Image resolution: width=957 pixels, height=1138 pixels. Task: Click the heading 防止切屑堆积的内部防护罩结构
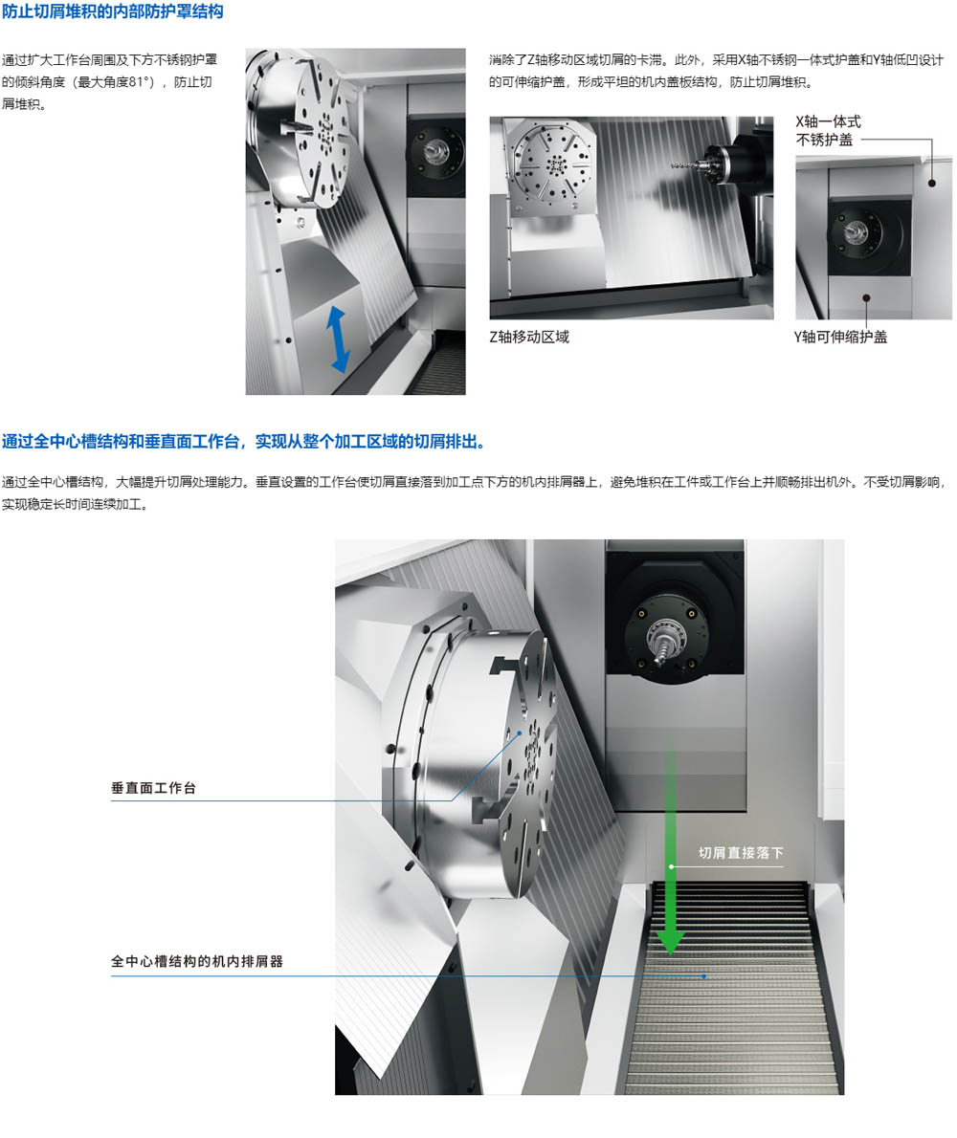[113, 11]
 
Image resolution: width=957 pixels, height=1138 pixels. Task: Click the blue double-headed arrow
[338, 339]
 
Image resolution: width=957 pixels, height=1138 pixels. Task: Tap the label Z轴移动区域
[529, 337]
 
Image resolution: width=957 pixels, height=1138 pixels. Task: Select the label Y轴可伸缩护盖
[840, 337]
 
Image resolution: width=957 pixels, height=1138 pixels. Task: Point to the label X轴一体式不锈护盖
[829, 131]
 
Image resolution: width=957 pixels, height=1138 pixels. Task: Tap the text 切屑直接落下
[741, 853]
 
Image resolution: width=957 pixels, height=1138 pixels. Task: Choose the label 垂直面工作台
[153, 788]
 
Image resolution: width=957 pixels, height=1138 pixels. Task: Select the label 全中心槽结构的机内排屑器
[197, 962]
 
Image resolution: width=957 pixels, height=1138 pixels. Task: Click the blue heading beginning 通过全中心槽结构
[243, 441]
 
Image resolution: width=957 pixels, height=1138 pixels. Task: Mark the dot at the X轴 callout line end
[932, 184]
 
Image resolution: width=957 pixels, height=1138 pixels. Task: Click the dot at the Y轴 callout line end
[866, 297]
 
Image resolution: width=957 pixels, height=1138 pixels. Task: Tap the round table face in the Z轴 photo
[552, 167]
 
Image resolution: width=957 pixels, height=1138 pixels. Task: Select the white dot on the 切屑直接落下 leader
[672, 866]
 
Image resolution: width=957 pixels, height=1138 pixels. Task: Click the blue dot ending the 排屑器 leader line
[703, 976]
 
